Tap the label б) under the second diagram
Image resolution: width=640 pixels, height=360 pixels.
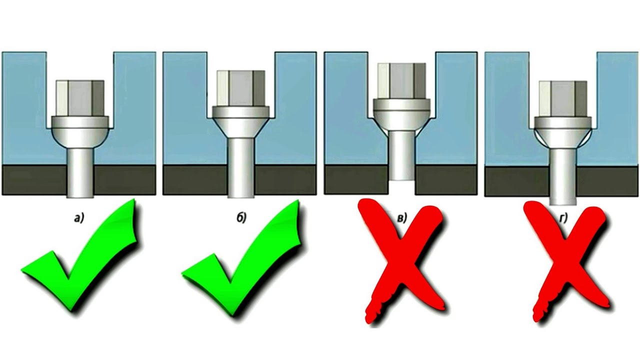[x=241, y=218]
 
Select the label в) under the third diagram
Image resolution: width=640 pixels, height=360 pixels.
[x=401, y=218]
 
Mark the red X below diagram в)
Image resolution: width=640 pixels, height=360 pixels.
[x=403, y=263]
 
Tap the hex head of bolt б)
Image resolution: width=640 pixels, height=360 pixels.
[x=241, y=88]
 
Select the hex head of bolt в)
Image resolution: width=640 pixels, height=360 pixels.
[x=401, y=81]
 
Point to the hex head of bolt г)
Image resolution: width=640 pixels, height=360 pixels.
[x=563, y=99]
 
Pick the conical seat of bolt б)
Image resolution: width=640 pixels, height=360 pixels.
[x=241, y=127]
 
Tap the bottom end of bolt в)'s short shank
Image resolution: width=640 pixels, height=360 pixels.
[x=401, y=179]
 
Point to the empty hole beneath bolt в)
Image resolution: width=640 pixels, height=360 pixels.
[x=401, y=187]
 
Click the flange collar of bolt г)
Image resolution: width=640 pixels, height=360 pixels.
[x=563, y=122]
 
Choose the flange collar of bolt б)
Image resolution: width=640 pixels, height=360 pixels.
[x=241, y=112]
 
